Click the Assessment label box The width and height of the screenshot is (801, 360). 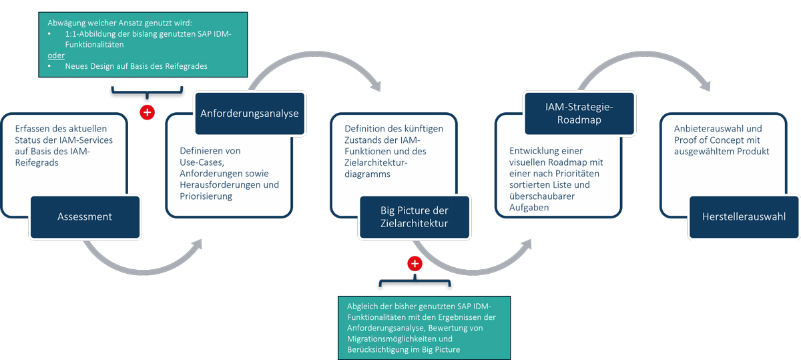(x=85, y=217)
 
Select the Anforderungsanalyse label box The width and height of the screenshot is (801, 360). (x=250, y=114)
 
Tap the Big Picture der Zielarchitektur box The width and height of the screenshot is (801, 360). (x=415, y=217)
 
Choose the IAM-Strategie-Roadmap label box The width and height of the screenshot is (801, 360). (x=579, y=114)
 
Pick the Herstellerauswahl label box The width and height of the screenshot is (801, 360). (x=744, y=217)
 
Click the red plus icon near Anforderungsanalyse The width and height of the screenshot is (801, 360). (x=147, y=112)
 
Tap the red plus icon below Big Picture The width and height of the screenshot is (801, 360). (x=415, y=264)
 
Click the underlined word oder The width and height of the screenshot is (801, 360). (x=56, y=55)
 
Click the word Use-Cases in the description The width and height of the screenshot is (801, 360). (x=202, y=162)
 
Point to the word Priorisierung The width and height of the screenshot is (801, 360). (x=206, y=196)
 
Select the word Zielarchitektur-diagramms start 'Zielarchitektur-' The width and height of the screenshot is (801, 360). (x=376, y=162)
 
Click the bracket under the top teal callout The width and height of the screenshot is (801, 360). (x=147, y=92)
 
